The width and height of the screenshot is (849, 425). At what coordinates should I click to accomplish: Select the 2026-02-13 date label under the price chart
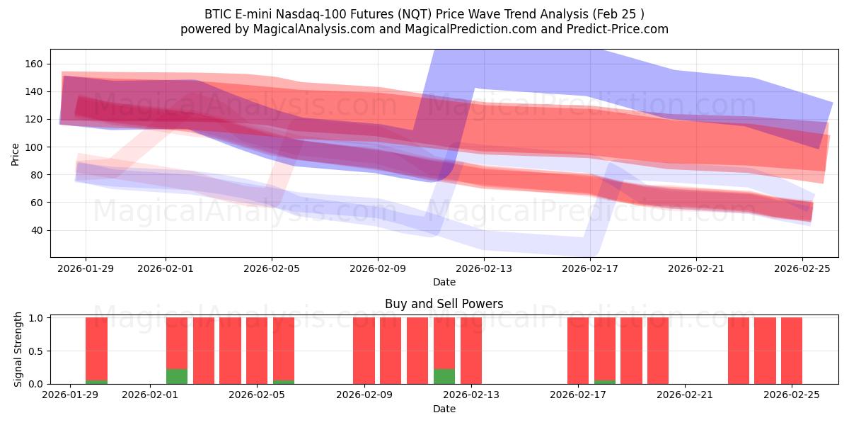484,268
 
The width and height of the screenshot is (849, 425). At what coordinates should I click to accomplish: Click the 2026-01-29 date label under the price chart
86,268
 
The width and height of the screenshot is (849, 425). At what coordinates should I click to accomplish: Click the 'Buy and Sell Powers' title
444,304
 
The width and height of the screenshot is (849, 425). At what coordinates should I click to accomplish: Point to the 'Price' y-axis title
16,153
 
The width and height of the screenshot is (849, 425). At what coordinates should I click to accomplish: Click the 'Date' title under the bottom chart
444,409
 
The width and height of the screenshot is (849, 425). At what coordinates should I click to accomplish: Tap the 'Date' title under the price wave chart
444,282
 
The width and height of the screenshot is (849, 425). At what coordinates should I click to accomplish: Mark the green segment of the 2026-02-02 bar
177,376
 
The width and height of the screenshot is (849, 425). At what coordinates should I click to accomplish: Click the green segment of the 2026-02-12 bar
444,376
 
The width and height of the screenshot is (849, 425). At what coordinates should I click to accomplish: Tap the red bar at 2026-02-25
792,351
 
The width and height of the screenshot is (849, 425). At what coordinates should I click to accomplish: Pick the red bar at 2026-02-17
578,351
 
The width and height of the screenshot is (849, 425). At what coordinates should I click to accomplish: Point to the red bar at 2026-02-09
364,351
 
